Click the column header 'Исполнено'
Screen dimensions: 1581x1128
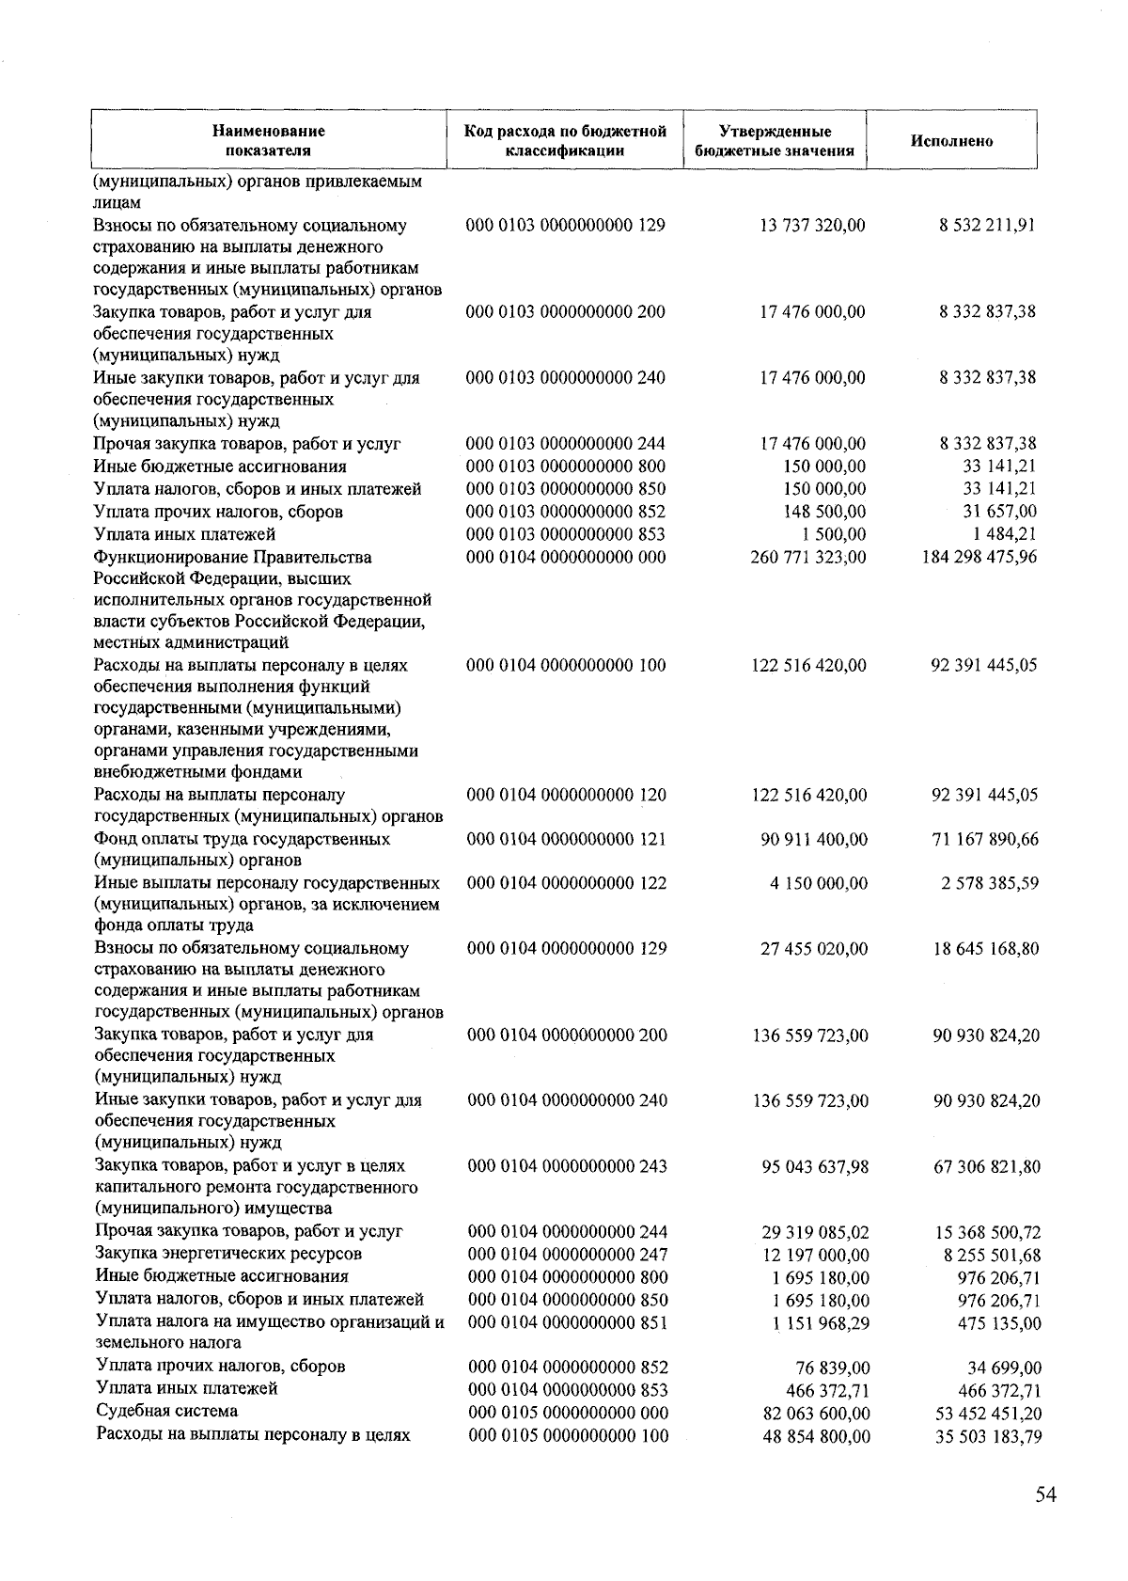point(951,141)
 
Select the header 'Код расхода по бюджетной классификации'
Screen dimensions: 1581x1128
point(565,141)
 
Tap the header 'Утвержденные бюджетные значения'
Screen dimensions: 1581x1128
point(774,141)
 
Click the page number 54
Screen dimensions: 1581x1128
point(1045,1496)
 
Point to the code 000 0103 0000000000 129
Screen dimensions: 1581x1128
point(566,226)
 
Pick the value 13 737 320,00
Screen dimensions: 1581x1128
point(812,226)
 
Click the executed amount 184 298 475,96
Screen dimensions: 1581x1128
point(980,557)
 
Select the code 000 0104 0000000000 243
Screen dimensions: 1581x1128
point(568,1166)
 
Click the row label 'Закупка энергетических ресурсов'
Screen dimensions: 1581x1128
point(228,1254)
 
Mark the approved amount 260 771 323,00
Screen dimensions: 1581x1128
point(808,557)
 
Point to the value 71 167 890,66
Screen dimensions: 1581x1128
point(985,839)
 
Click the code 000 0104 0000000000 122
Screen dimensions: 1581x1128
point(567,883)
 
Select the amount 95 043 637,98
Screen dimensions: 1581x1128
point(815,1167)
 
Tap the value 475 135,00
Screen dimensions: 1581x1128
point(1003,1323)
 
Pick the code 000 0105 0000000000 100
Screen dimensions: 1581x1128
point(569,1436)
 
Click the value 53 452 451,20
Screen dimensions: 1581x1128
point(988,1414)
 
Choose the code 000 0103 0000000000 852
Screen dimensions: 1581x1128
point(566,512)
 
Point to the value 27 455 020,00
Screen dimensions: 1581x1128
point(814,949)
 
